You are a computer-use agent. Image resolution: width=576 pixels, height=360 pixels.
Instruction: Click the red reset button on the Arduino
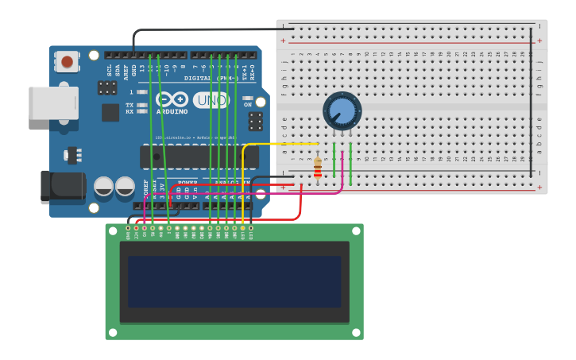67,61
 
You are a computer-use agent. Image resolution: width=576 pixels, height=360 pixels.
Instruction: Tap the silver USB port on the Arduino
53,103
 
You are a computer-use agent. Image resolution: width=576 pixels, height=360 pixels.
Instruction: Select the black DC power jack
63,187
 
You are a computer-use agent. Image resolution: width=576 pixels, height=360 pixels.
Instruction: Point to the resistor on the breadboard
318,168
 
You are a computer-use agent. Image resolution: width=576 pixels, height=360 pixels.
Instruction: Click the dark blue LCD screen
234,281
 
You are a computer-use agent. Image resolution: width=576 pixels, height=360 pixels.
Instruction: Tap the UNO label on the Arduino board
211,100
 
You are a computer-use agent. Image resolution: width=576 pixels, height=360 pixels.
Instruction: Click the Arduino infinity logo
172,99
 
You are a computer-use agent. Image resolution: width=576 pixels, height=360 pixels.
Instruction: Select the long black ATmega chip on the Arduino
199,157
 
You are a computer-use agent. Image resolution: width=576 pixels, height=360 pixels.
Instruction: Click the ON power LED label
248,105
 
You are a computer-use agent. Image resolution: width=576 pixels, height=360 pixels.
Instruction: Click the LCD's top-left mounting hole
112,230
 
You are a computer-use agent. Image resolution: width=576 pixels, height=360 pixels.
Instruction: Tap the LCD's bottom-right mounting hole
356,333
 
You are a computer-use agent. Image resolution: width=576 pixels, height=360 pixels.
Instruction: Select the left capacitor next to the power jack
103,187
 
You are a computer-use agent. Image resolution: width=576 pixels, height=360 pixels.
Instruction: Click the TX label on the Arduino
130,105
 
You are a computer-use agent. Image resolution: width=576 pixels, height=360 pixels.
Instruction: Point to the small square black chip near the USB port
110,113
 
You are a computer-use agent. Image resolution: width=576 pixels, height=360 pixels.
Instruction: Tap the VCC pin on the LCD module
136,231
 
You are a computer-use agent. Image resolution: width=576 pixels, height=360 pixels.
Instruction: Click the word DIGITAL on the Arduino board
199,79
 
